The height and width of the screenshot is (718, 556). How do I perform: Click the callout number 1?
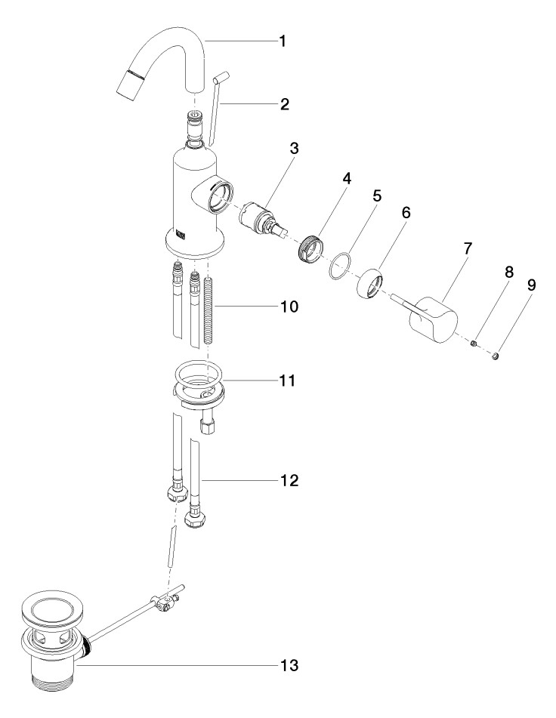pyautogui.click(x=281, y=41)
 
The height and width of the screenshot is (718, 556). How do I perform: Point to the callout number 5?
pyautogui.click(x=376, y=195)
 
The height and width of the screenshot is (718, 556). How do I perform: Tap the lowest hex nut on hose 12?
pyautogui.click(x=195, y=520)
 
